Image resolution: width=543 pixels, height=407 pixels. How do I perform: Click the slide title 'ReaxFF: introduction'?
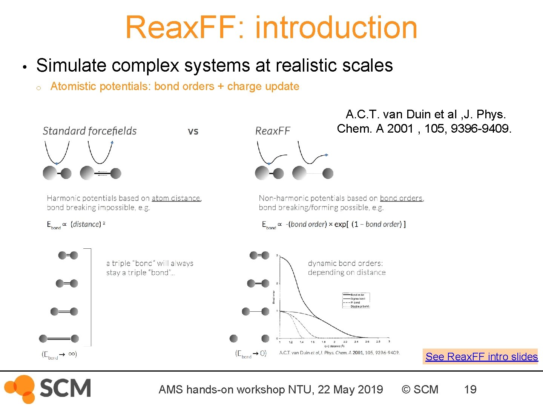[x=271, y=27]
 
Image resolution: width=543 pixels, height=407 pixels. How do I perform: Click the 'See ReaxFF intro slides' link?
[x=481, y=357]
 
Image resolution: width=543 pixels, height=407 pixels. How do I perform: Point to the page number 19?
[x=470, y=389]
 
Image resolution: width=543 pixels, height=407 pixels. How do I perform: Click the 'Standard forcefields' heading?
[x=89, y=131]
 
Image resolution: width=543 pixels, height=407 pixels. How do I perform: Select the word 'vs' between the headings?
[x=193, y=131]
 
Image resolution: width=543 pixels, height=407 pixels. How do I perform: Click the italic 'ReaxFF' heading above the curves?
[x=273, y=131]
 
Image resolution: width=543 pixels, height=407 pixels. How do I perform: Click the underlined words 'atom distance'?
[x=176, y=198]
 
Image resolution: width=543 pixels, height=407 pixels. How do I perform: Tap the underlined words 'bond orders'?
[x=401, y=198]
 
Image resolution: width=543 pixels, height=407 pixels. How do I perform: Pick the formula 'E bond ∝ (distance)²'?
[x=76, y=224]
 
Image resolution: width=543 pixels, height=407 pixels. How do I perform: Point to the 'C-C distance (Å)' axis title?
[x=334, y=346]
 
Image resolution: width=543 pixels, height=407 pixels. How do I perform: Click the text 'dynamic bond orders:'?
[x=345, y=263]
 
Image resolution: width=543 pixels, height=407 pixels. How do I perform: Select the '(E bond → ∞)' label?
[x=59, y=354]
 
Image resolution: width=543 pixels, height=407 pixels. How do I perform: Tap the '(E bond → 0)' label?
[x=251, y=353]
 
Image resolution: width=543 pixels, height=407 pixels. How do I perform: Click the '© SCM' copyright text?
[x=420, y=389]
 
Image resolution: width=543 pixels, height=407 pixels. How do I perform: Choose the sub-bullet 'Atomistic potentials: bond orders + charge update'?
[x=175, y=86]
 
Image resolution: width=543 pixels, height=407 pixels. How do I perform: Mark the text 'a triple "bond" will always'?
[x=150, y=263]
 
